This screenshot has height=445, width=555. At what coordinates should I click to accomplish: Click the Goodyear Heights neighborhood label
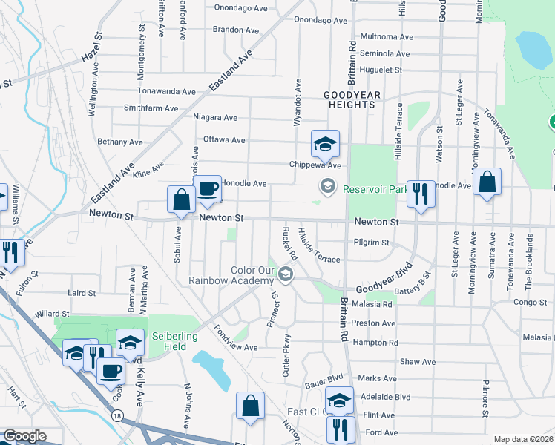coord(349,100)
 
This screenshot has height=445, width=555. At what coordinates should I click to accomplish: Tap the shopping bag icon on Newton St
coord(182,200)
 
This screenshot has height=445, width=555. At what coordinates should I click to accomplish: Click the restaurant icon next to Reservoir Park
coord(421,194)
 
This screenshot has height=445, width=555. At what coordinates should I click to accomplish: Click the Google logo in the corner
coord(24,436)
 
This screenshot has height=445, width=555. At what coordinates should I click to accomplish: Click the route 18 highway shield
coord(118,417)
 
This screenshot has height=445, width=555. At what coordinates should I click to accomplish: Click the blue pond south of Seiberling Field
coord(212,370)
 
